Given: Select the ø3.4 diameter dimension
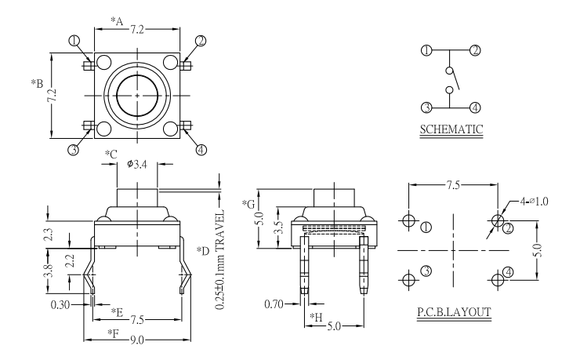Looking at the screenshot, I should coord(137,164).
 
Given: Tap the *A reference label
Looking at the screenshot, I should coord(117,21).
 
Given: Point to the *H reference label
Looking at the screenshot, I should coord(316,315).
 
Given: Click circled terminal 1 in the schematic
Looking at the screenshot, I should coord(426,51).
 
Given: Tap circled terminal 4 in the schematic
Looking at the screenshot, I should coord(475,107).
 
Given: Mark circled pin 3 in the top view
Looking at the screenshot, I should coord(73,149).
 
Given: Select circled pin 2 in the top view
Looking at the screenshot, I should coord(201,42).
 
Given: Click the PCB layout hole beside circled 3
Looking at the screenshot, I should coord(408,279).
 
